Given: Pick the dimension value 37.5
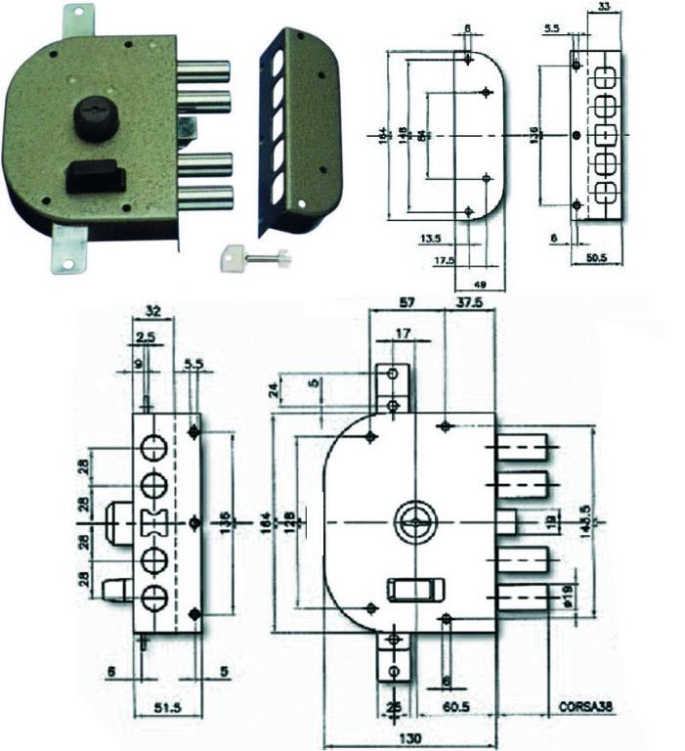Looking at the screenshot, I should click(471, 303).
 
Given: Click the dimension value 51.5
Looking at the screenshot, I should click(168, 706).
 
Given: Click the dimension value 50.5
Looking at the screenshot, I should click(598, 259).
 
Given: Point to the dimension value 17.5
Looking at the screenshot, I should click(446, 260).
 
